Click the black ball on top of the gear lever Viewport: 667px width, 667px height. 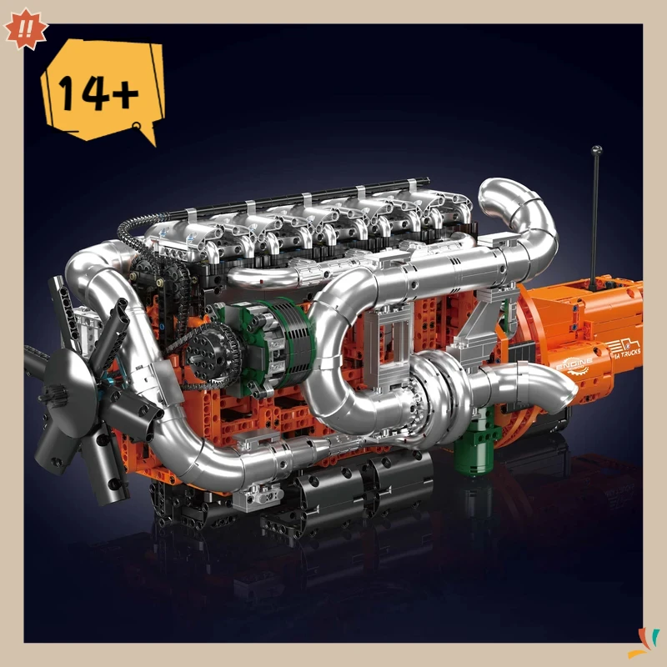[597, 151]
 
